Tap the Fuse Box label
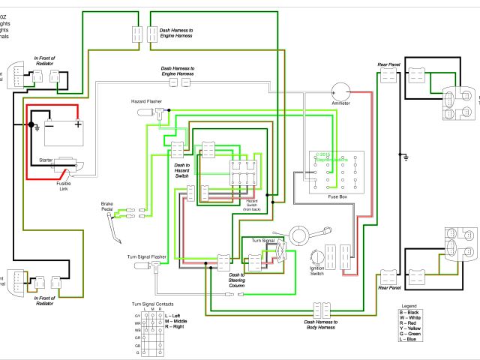pyautogui.click(x=338, y=196)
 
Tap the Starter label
pyautogui.click(x=47, y=160)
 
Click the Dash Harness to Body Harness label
pyautogui.click(x=320, y=324)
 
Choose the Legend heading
pyautogui.click(x=409, y=307)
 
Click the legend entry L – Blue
pyautogui.click(x=409, y=340)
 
